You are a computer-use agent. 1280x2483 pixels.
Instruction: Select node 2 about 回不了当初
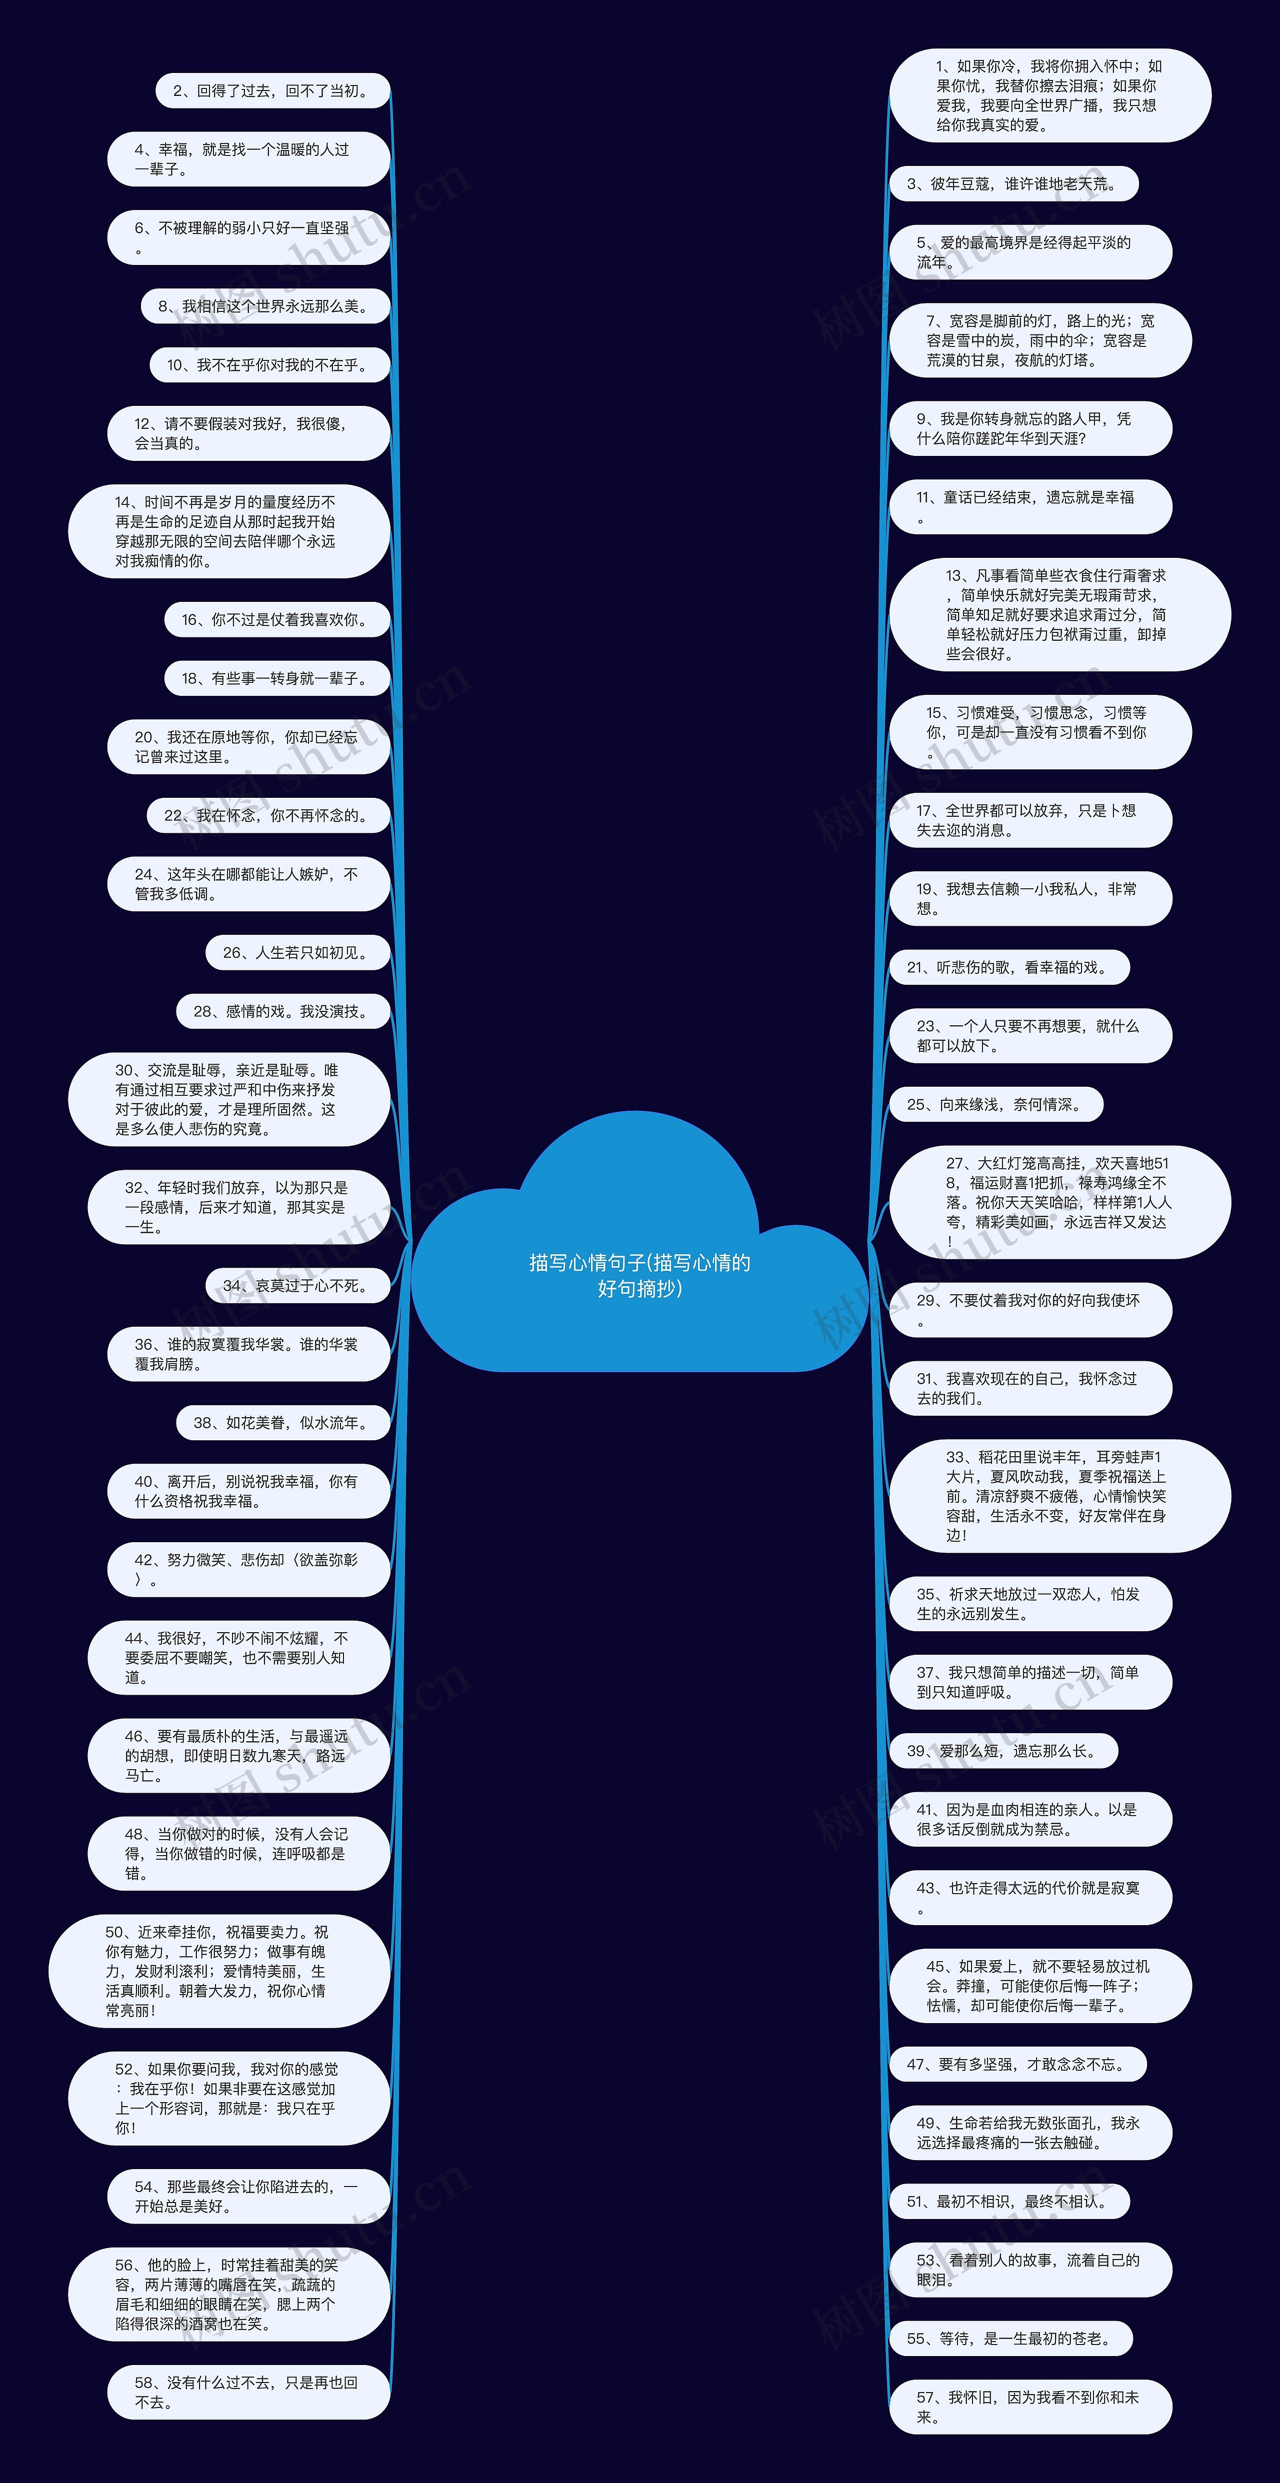tap(273, 90)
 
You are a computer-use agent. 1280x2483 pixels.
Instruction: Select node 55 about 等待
tap(1010, 2339)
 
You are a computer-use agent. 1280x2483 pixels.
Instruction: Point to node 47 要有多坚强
tap(1017, 2064)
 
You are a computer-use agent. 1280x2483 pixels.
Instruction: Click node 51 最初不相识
tap(1008, 2202)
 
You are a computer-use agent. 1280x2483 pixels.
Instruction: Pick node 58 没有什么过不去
tap(247, 2392)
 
